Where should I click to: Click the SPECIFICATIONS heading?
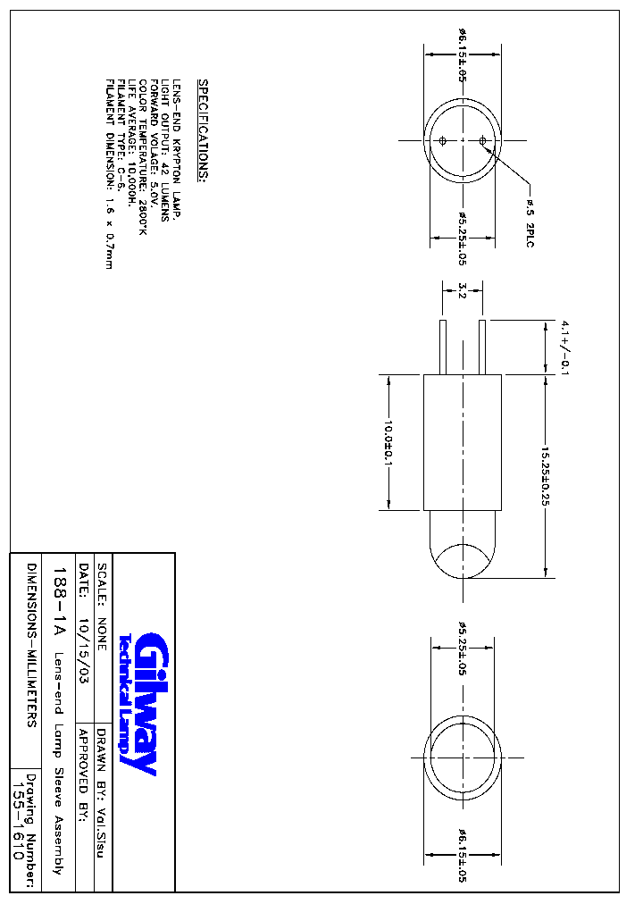(204, 130)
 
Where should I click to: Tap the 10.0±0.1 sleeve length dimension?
(388, 443)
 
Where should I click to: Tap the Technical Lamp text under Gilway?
(126, 703)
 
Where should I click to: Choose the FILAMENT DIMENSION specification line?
(109, 174)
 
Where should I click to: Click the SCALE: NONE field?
(102, 607)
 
